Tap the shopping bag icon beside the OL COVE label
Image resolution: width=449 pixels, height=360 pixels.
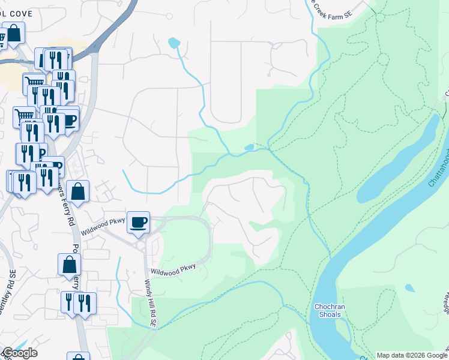coord(14,34)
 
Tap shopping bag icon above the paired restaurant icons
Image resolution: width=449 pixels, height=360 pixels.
coord(70,265)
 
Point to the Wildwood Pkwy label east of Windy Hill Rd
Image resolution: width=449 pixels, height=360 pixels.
coord(173,271)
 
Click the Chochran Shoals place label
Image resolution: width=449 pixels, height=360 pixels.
coord(328,310)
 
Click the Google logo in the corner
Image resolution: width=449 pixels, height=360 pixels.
coord(19,353)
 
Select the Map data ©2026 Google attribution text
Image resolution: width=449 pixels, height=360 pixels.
coord(411,355)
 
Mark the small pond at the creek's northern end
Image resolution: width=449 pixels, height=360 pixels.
coord(173,43)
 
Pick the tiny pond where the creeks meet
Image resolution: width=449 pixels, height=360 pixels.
coord(250,147)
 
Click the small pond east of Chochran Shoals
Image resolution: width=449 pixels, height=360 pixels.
coord(409,289)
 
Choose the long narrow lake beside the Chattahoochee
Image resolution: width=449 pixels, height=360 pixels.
coord(396,162)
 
